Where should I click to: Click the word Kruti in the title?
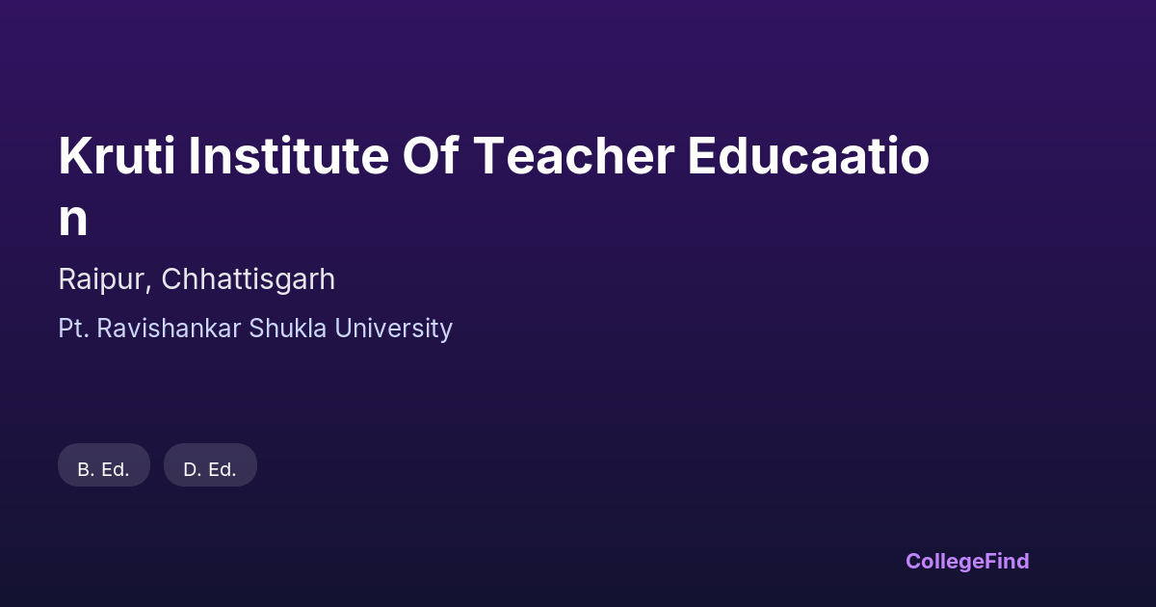click(x=118, y=155)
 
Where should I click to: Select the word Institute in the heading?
click(x=288, y=155)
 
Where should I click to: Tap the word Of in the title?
click(x=431, y=155)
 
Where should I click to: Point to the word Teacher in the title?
click(x=573, y=155)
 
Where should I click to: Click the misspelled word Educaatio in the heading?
click(x=808, y=155)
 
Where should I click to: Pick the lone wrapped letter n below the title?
click(x=73, y=220)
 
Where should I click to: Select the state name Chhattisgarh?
click(x=249, y=280)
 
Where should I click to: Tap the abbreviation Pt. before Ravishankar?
click(x=74, y=329)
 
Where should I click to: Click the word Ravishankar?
click(x=169, y=329)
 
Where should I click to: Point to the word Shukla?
click(x=287, y=329)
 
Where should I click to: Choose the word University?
click(x=394, y=330)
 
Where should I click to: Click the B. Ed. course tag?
click(x=104, y=465)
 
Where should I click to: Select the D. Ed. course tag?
click(x=210, y=465)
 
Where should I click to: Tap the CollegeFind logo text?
click(x=967, y=562)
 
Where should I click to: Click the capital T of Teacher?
click(x=488, y=156)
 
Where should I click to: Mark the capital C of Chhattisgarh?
click(x=173, y=279)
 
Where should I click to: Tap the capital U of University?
click(x=344, y=329)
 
